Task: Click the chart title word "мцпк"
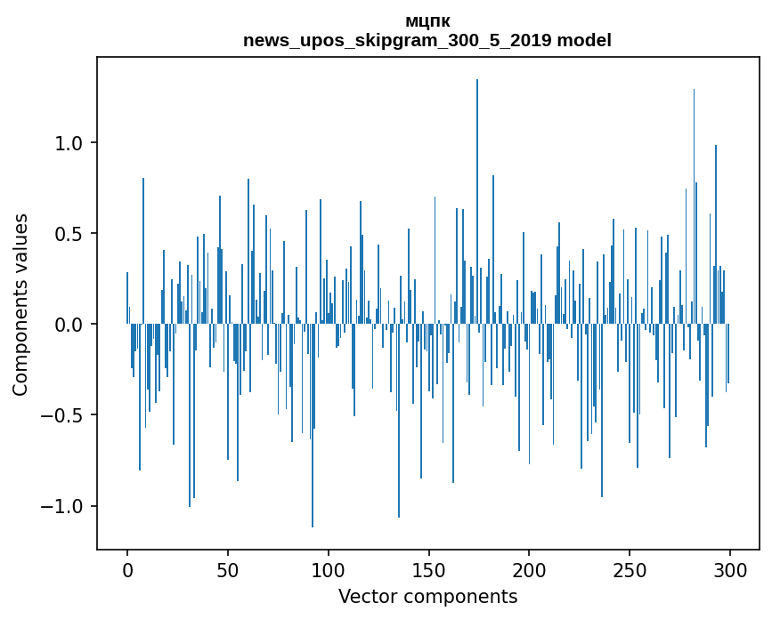click(x=427, y=22)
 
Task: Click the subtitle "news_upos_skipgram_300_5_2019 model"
click(x=427, y=41)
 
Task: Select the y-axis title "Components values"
click(x=20, y=304)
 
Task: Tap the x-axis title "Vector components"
click(x=427, y=597)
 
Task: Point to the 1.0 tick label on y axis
click(x=70, y=143)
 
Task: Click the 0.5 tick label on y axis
click(x=70, y=234)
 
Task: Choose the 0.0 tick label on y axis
click(x=70, y=325)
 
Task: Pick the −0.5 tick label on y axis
click(x=64, y=415)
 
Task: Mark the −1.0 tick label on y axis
click(x=64, y=506)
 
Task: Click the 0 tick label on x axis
click(x=127, y=569)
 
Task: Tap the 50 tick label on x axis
click(x=228, y=569)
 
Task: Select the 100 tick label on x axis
click(x=329, y=569)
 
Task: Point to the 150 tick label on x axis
click(x=428, y=569)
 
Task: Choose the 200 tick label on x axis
click(x=529, y=569)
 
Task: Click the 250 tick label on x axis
click(x=630, y=569)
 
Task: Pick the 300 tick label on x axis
click(x=730, y=569)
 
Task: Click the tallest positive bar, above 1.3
click(x=477, y=178)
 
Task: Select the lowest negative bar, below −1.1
click(x=313, y=445)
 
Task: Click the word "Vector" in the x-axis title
click(x=364, y=597)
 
